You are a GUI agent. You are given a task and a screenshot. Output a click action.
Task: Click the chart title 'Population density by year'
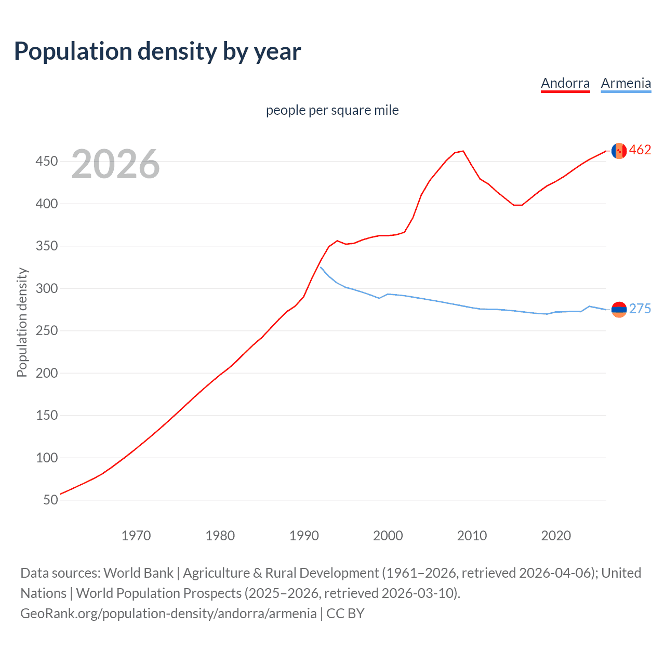pos(157,51)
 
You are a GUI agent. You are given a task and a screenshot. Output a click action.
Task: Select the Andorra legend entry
pos(565,83)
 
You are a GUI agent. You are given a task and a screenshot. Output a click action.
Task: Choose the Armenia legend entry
pos(626,83)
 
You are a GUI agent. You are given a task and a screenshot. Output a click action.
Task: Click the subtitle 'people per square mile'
pos(332,110)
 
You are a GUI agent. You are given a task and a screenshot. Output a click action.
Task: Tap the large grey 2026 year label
pos(115,164)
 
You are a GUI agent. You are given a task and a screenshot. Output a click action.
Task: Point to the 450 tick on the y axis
pos(46,162)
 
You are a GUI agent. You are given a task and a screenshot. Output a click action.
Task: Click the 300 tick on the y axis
pos(46,288)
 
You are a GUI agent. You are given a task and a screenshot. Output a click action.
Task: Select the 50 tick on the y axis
pos(50,500)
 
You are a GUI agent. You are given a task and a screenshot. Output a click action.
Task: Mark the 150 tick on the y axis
pos(46,416)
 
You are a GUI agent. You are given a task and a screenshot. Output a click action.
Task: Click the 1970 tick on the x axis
pos(136,536)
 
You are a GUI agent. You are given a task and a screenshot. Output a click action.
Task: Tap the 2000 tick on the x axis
pos(388,536)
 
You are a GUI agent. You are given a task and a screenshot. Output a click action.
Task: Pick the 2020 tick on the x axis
pos(556,536)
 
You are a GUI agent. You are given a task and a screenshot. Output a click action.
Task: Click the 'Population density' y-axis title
pos(22,322)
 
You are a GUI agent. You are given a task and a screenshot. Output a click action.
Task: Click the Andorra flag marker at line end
pos(619,151)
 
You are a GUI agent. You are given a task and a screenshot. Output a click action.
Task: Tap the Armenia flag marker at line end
pos(619,310)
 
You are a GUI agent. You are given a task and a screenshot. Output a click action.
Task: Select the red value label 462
pos(640,150)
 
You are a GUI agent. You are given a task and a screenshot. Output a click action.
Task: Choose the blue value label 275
pos(640,309)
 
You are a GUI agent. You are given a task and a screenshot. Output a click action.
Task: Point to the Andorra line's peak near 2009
pos(463,151)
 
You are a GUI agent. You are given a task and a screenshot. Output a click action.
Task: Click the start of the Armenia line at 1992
pos(321,267)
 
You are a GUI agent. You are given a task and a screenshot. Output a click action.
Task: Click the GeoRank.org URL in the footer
pos(168,614)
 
